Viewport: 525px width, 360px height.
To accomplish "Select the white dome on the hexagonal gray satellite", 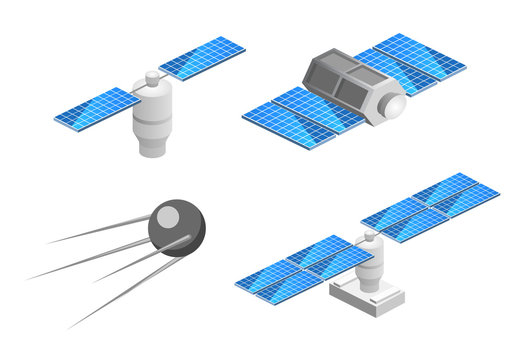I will coord(394,105).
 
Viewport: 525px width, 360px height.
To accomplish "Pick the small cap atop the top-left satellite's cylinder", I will coord(151,76).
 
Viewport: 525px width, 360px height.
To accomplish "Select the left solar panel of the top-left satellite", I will coord(97,108).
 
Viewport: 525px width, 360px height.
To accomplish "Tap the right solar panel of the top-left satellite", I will coord(202,58).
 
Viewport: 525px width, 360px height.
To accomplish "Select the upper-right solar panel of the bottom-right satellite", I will coord(430,207).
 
